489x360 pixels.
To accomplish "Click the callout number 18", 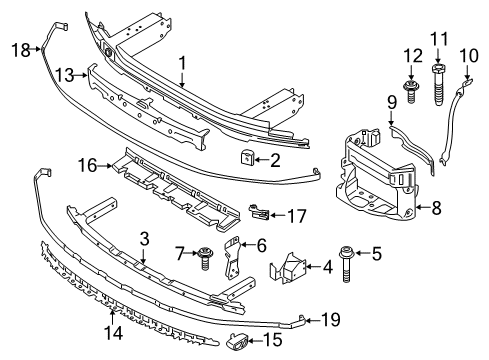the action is pos(21,50).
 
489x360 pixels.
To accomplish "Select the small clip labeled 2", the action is pos(247,157).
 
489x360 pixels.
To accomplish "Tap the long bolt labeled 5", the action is pos(346,264).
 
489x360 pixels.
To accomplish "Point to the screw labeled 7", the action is pos(204,258).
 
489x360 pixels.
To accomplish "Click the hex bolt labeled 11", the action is pos(438,85).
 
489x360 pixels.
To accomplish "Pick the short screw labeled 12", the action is pos(411,90).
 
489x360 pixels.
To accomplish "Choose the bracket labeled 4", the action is pos(288,268).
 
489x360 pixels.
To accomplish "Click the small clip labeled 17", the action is pos(259,212).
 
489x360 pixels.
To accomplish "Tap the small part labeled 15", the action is pos(237,343).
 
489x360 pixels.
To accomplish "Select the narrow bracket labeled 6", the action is pos(233,257).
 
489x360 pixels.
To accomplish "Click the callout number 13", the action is pos(64,75).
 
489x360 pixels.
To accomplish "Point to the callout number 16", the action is pos(87,165).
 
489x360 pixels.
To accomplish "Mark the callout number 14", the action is pos(113,333).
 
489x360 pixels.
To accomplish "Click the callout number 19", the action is pos(330,320).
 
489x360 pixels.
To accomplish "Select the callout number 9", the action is pos(392,102).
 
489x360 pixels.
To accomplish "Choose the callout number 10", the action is pos(469,56).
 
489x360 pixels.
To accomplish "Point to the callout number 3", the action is pos(144,239).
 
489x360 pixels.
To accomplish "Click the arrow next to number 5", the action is pos(363,253).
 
